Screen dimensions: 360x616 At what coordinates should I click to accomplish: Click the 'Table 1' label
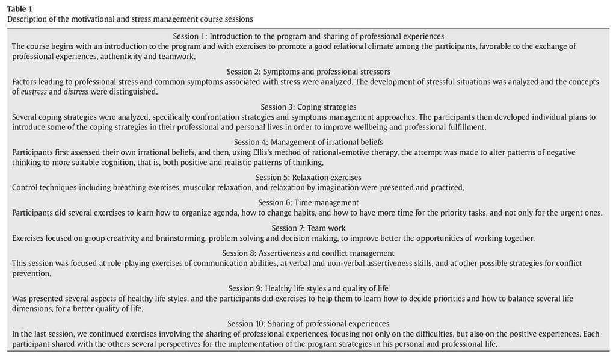[x=20, y=8]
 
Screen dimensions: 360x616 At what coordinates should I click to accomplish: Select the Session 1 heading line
[x=308, y=36]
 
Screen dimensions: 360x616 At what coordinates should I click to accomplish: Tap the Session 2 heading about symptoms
[x=308, y=72]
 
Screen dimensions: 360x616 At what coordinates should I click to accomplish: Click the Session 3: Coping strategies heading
[x=308, y=107]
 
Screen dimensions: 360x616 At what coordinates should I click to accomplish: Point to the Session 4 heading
[x=308, y=142]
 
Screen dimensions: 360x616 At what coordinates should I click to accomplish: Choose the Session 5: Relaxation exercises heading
[x=308, y=178]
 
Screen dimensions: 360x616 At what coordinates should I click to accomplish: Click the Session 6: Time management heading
[x=308, y=203]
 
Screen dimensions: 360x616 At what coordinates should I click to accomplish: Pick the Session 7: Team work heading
[x=308, y=228]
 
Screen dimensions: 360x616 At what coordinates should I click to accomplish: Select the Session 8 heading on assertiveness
[x=308, y=253]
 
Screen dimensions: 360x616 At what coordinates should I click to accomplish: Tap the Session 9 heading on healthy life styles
[x=308, y=288]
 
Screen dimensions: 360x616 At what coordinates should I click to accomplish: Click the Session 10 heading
[x=308, y=324]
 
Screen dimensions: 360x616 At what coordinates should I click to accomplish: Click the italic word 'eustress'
[x=33, y=92]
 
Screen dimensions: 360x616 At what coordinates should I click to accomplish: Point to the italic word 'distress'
[x=76, y=92]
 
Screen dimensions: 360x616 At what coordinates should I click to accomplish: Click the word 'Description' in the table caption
[x=27, y=19]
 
